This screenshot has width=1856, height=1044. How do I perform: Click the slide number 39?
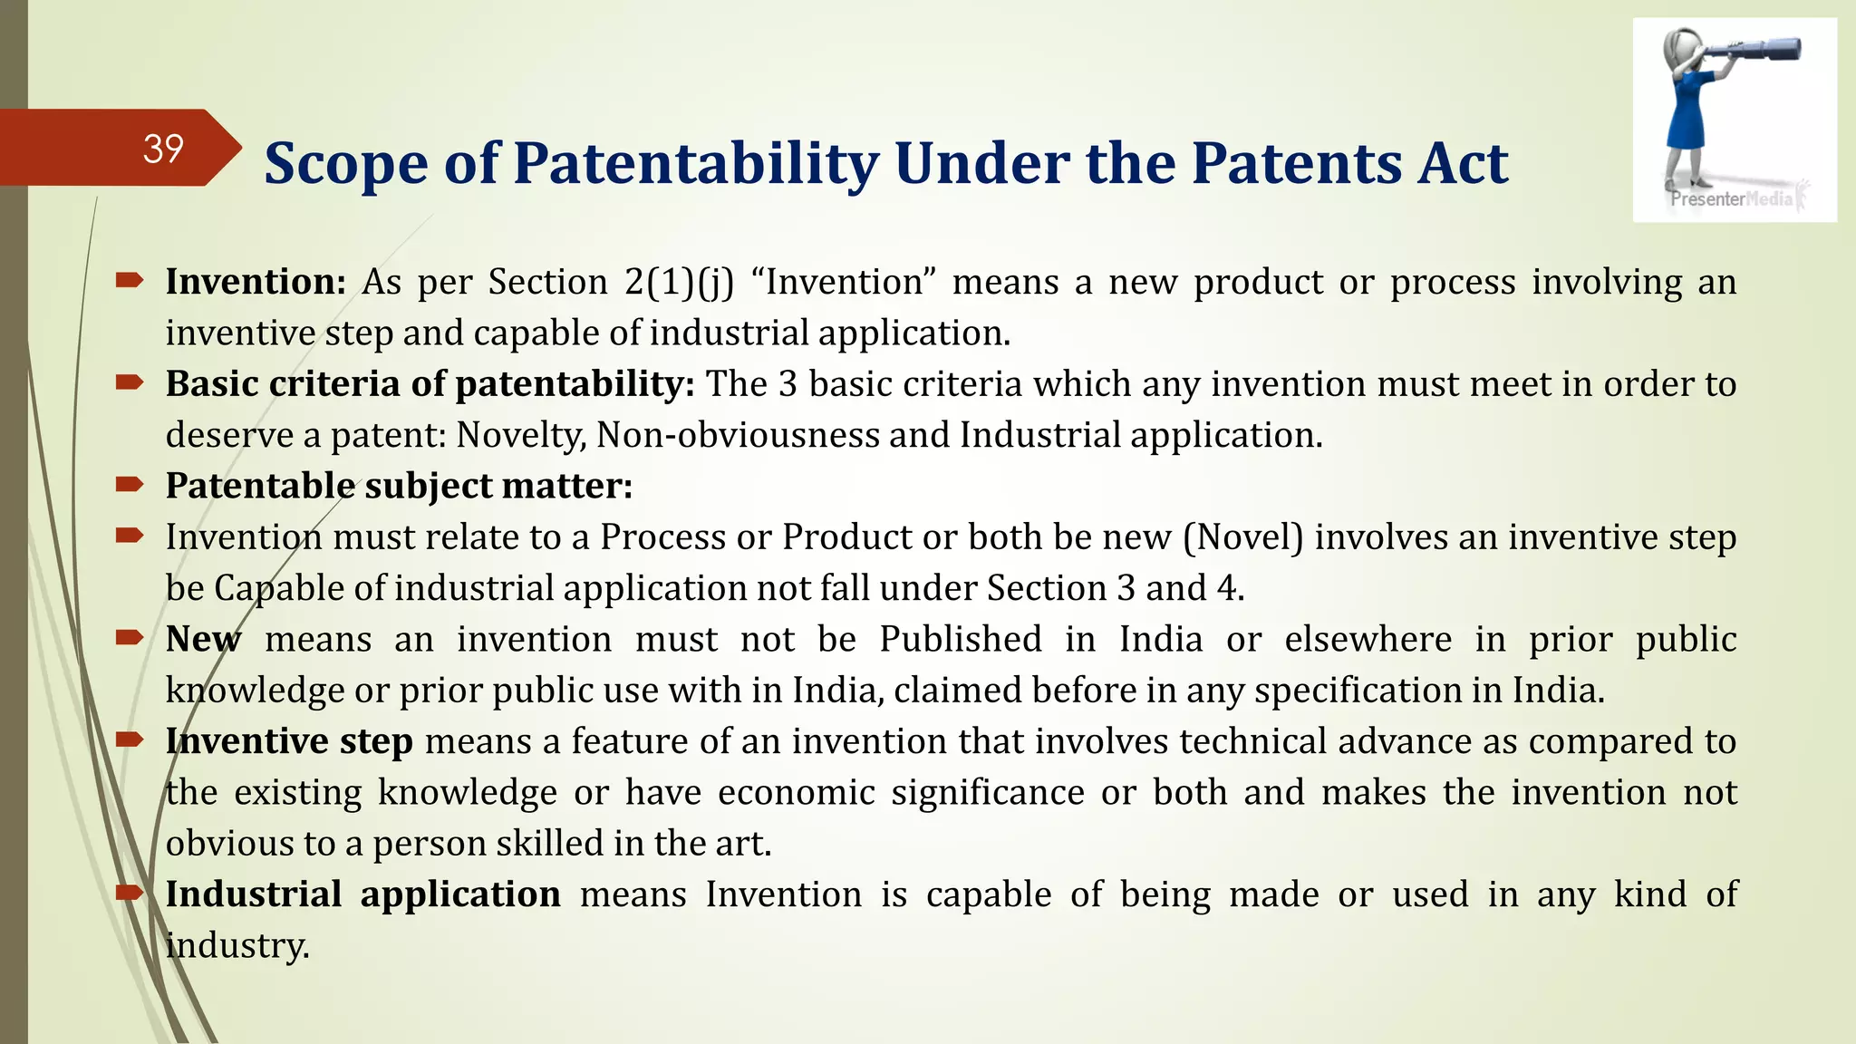(x=163, y=149)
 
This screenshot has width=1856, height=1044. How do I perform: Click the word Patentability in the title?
(x=696, y=164)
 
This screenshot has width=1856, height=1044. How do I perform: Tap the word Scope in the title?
(x=345, y=164)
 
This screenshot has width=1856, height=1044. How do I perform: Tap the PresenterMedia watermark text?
(x=1732, y=198)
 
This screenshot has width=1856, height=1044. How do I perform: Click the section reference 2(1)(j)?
(x=679, y=282)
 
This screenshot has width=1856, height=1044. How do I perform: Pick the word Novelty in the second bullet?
(x=520, y=435)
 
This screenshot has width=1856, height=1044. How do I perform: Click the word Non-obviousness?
(x=737, y=435)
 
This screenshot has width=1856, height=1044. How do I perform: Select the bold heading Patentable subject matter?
(x=399, y=486)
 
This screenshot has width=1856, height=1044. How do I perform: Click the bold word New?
(x=204, y=639)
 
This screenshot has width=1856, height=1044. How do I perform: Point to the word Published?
(x=961, y=639)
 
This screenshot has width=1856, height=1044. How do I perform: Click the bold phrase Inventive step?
(x=289, y=741)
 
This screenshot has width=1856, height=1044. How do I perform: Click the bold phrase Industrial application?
(x=362, y=894)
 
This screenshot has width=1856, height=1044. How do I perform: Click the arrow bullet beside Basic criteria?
(x=130, y=383)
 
